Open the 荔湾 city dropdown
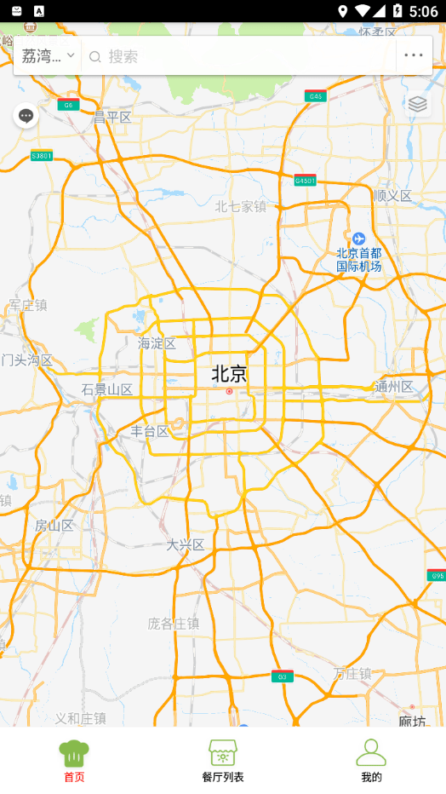[x=48, y=56]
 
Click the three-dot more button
[x=414, y=56]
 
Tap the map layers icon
[x=417, y=104]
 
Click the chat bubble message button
[x=26, y=116]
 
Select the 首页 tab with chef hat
[x=74, y=761]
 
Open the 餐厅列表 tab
[x=223, y=761]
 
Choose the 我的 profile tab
[x=371, y=761]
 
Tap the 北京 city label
[x=229, y=374]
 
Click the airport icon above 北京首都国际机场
[x=358, y=238]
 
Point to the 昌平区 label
[x=112, y=117]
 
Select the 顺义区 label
[x=392, y=196]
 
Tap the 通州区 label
[x=394, y=387]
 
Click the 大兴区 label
[x=186, y=544]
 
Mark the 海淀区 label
[x=157, y=343]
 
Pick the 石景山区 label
[x=107, y=389]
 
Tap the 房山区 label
[x=54, y=525]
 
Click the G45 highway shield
[x=316, y=96]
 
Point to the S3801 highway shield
[x=41, y=156]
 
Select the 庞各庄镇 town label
[x=174, y=624]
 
